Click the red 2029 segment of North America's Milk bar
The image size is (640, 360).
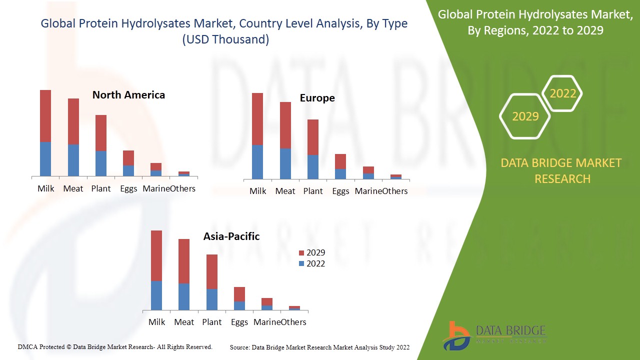pyautogui.click(x=45, y=115)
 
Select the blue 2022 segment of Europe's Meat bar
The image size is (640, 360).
pyautogui.click(x=285, y=163)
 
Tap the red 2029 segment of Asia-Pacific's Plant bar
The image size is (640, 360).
pyautogui.click(x=212, y=271)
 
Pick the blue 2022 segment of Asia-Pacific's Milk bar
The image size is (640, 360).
pyautogui.click(x=156, y=295)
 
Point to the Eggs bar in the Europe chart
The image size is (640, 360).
pyautogui.click(x=340, y=166)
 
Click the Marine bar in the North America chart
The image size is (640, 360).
pyautogui.click(x=156, y=169)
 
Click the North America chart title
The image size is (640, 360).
pyautogui.click(x=128, y=95)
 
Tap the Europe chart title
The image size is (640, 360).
pyautogui.click(x=317, y=98)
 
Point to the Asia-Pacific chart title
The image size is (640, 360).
pyautogui.click(x=231, y=236)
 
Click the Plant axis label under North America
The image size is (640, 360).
pyautogui.click(x=101, y=188)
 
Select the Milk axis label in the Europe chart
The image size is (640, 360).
pyautogui.click(x=258, y=191)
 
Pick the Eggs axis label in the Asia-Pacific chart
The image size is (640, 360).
pyautogui.click(x=239, y=322)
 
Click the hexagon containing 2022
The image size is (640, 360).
pyautogui.click(x=562, y=93)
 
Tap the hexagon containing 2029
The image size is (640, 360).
pyautogui.click(x=525, y=116)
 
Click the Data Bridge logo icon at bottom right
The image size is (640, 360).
pyautogui.click(x=455, y=335)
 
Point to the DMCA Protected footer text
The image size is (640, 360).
pyautogui.click(x=115, y=347)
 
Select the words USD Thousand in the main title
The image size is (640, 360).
pyautogui.click(x=225, y=39)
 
